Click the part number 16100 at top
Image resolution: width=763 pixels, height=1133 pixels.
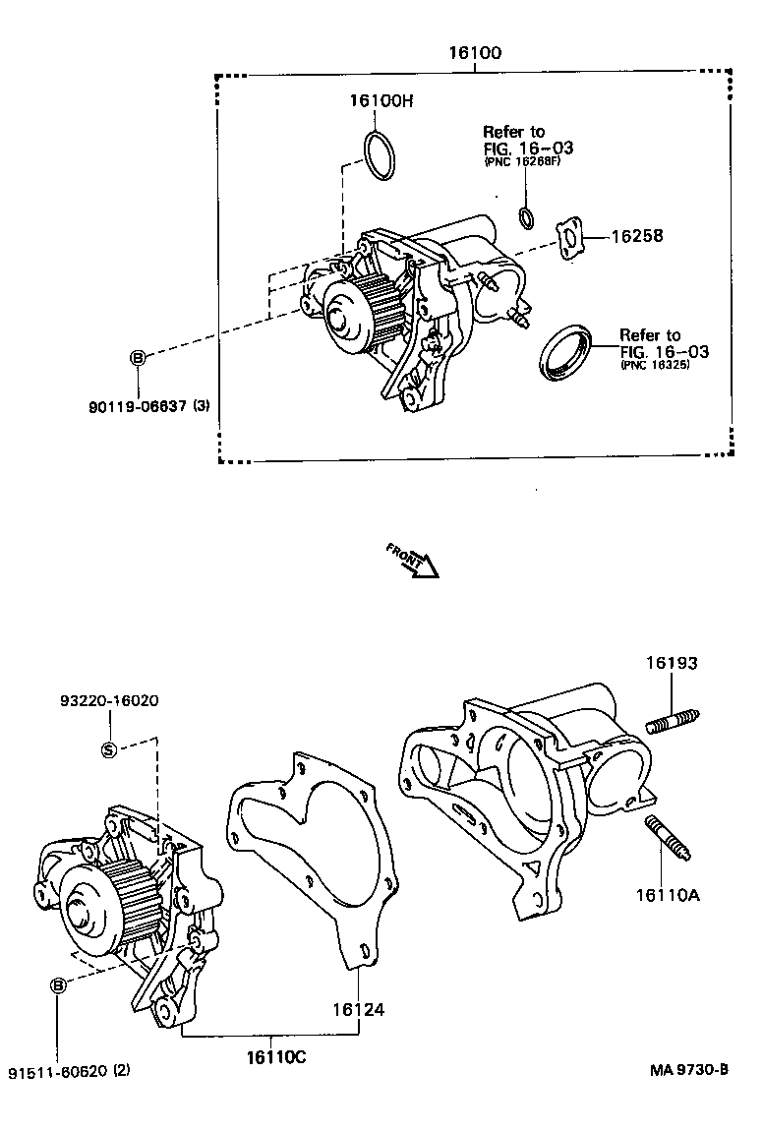pyautogui.click(x=475, y=53)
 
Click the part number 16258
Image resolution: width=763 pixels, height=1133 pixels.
pyautogui.click(x=637, y=236)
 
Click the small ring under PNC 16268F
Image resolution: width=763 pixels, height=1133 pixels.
pyautogui.click(x=527, y=217)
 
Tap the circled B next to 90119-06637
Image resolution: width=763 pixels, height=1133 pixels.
pyautogui.click(x=139, y=358)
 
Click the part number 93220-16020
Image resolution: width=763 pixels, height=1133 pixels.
pyautogui.click(x=108, y=700)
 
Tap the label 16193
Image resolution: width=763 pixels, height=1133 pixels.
pyautogui.click(x=672, y=663)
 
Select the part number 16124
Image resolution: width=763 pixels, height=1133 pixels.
pyautogui.click(x=357, y=1009)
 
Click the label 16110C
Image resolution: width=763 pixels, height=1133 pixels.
pyautogui.click(x=276, y=1057)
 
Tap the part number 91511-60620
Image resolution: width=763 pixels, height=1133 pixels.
pyautogui.click(x=58, y=1070)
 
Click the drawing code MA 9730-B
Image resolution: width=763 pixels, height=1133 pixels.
pyautogui.click(x=688, y=1070)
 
